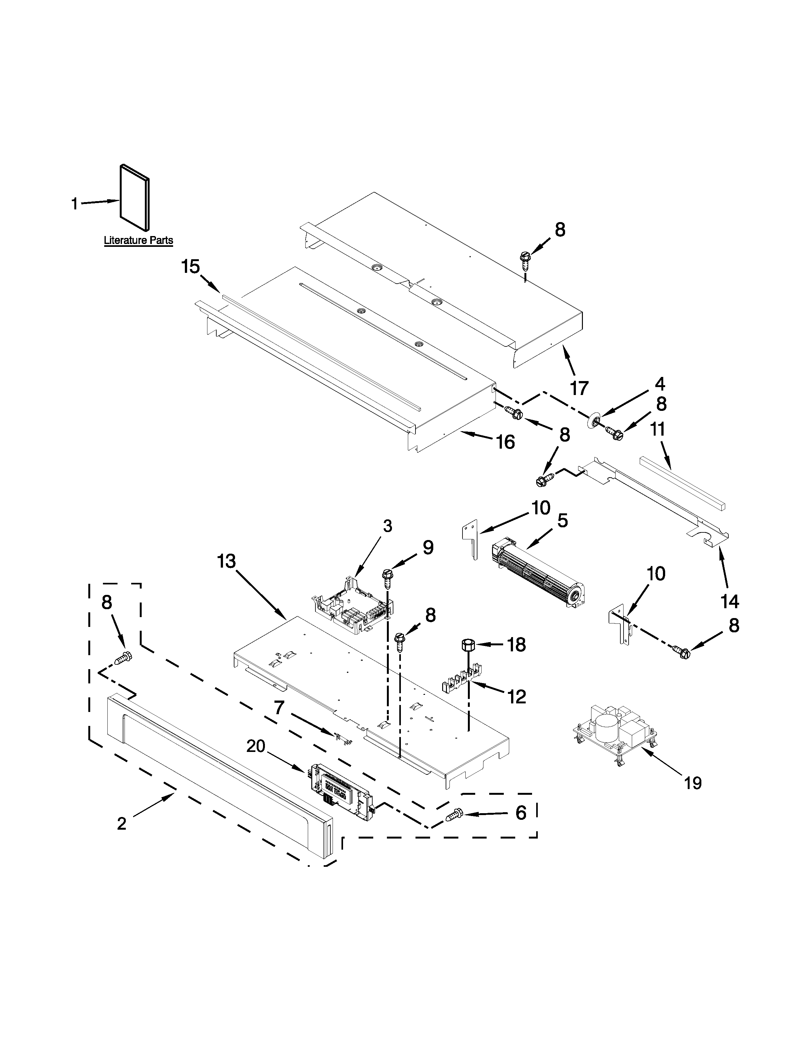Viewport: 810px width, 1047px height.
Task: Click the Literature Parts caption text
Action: (x=138, y=240)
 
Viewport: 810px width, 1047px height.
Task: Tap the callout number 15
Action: (x=191, y=267)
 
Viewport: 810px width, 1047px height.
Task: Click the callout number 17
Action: (x=579, y=388)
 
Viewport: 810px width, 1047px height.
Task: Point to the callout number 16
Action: (x=505, y=442)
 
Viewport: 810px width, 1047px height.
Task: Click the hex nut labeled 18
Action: (x=467, y=645)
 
